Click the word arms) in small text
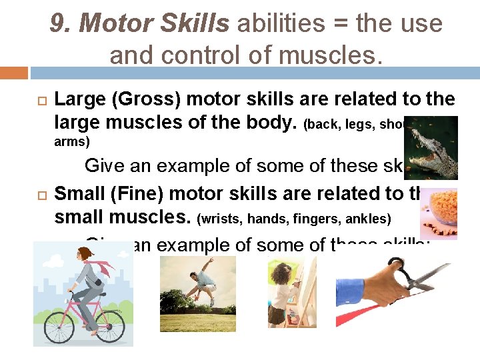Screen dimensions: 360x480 pos(71,141)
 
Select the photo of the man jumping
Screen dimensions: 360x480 pos(197,294)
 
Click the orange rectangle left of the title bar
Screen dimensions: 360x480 pos(14,73)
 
